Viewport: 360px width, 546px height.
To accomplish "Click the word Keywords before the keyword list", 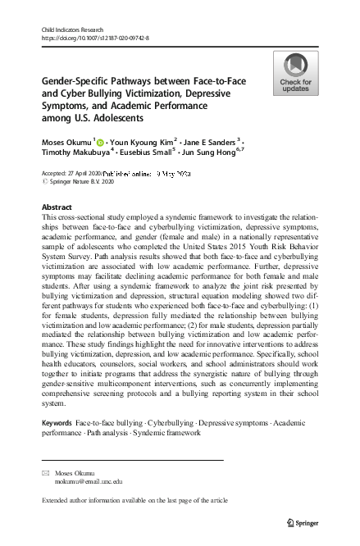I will pyautogui.click(x=56, y=422).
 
